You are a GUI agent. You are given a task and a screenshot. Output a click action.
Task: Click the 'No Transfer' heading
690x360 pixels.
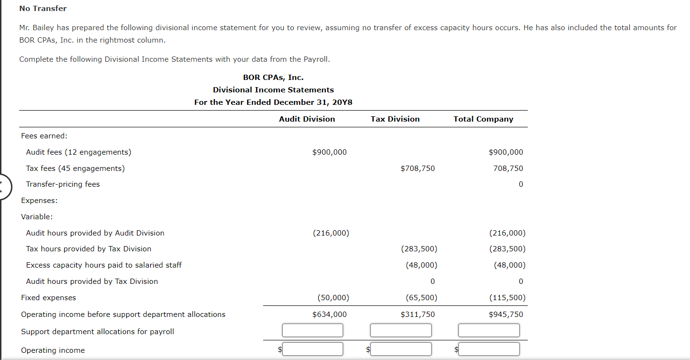[43, 9]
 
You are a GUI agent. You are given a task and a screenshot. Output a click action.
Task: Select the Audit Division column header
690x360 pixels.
[307, 119]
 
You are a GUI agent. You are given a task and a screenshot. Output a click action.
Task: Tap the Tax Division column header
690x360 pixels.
[395, 119]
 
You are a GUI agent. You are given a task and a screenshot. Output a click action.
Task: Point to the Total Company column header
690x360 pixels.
[483, 119]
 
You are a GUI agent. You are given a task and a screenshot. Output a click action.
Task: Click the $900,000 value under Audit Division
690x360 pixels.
[329, 152]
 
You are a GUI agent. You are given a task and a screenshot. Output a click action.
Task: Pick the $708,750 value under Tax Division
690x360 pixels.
[417, 169]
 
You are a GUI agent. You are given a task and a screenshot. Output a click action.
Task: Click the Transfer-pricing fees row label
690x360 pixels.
[63, 184]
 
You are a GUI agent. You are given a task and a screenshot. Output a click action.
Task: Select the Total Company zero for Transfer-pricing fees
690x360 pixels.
[521, 184]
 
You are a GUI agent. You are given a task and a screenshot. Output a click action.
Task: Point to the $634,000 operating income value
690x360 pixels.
[329, 315]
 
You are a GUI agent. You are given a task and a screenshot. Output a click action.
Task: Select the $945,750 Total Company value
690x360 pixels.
[506, 315]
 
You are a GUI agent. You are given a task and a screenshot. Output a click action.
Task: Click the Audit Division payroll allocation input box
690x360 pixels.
[312, 330]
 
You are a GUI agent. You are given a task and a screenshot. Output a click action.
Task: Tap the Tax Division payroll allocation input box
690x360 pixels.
[401, 330]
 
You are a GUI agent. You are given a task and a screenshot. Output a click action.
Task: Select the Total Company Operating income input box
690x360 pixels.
[489, 349]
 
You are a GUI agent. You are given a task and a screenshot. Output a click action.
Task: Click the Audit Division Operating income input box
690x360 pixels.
[312, 349]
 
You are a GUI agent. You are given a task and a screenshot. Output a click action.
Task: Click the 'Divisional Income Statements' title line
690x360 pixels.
[273, 90]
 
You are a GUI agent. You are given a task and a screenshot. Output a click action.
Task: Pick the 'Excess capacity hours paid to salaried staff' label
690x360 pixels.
[104, 265]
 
